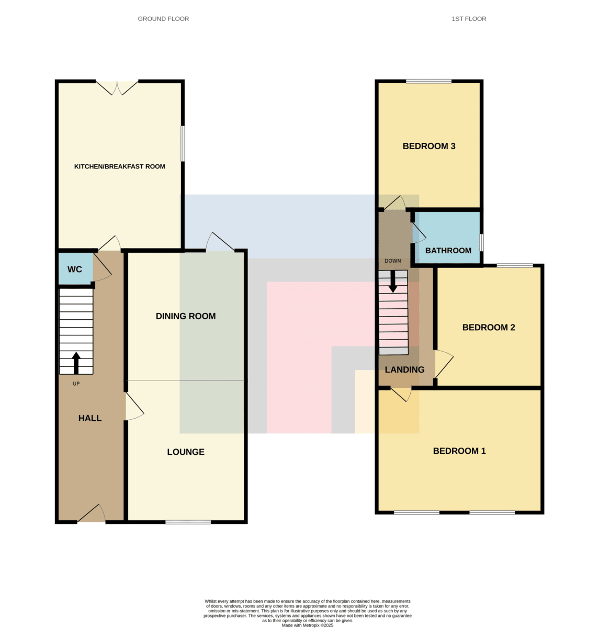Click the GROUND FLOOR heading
(x=163, y=19)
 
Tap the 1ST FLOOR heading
(x=469, y=19)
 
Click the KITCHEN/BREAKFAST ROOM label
(x=119, y=166)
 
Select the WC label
(x=75, y=270)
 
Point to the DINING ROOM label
(x=186, y=316)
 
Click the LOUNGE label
(x=186, y=452)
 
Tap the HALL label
(x=90, y=418)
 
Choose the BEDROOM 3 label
(x=429, y=146)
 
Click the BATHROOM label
(x=448, y=251)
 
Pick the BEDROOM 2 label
(x=489, y=327)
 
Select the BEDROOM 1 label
(x=459, y=451)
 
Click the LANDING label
(x=404, y=369)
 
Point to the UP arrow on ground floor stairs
(x=76, y=363)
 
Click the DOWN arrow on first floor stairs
(x=393, y=282)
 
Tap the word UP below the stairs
(x=76, y=384)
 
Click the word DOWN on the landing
(x=392, y=261)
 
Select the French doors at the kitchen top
(x=117, y=87)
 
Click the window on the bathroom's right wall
(x=481, y=242)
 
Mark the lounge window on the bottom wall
(x=188, y=522)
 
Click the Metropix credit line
(x=307, y=625)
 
